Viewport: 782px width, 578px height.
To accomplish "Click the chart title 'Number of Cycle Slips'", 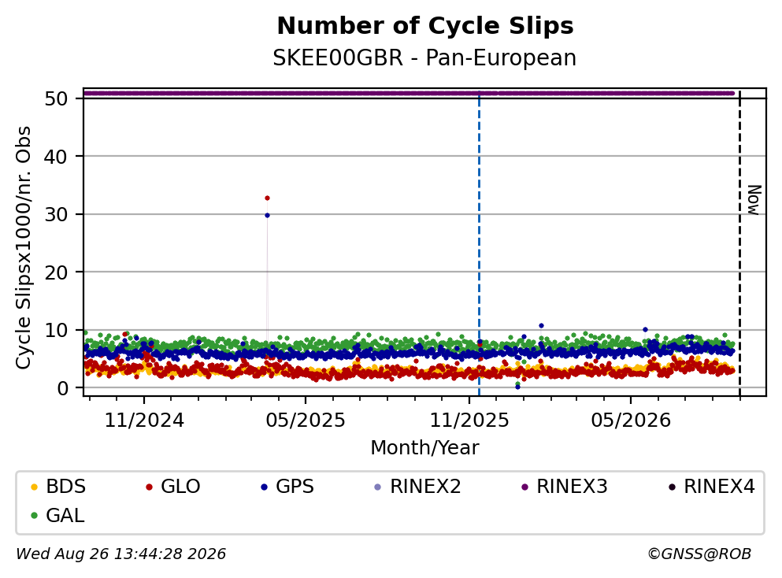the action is tap(425, 26).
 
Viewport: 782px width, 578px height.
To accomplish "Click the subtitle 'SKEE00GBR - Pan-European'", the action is tap(424, 57).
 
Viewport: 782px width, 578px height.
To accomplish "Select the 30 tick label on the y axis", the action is tap(56, 214).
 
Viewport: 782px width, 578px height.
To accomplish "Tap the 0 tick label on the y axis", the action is tap(62, 388).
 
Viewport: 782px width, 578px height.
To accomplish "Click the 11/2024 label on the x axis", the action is tap(144, 421).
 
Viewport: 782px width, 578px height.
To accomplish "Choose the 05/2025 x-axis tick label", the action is tap(306, 421).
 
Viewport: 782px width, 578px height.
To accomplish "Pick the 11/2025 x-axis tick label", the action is tap(469, 421).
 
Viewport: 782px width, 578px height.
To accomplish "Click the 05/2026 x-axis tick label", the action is tap(631, 421).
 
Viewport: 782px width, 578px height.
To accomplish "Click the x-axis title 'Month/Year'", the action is tap(424, 448).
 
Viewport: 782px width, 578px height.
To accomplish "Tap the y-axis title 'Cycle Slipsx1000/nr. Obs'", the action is tap(23, 248).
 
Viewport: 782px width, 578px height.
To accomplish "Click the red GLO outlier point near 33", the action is tap(267, 198).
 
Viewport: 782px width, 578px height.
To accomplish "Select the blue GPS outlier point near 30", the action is tap(267, 216).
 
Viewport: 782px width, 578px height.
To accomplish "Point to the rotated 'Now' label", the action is tap(754, 200).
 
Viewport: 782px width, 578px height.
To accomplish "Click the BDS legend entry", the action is tap(58, 486).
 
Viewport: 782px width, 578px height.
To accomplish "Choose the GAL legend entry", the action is tap(57, 516).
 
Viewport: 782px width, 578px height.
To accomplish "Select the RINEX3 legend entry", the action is tap(565, 486).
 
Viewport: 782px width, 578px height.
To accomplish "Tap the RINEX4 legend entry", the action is tap(712, 486).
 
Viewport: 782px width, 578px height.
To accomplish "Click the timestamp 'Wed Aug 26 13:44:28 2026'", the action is tap(121, 554).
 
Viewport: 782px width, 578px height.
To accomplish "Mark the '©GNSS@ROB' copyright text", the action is tap(699, 554).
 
